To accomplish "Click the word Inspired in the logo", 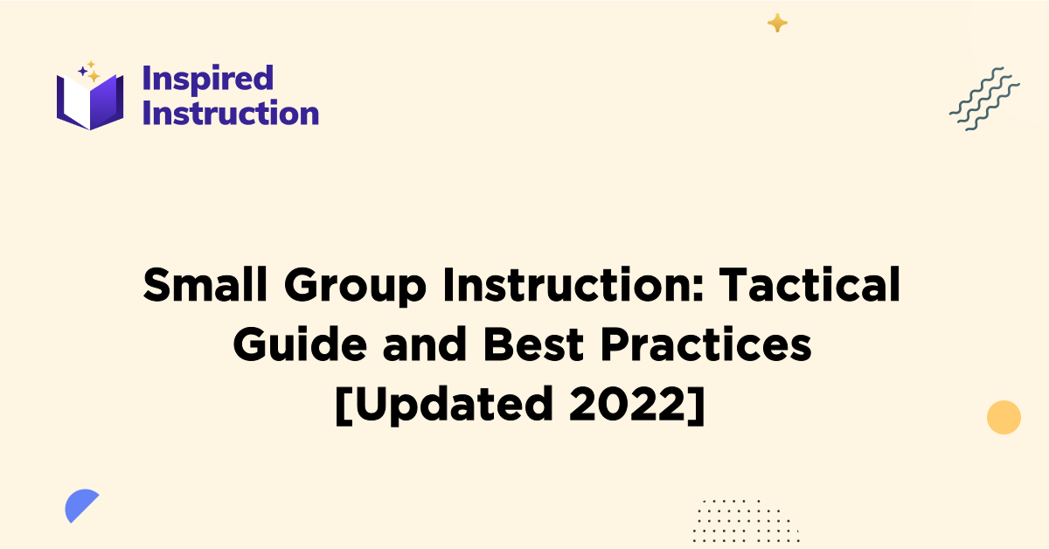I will coord(207,79).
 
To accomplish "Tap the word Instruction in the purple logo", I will coord(230,113).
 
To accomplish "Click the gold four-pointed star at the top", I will coord(776,24).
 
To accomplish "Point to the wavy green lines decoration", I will coord(984,99).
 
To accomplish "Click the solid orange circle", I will coord(1004,417).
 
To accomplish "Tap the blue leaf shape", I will coord(80,506).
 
